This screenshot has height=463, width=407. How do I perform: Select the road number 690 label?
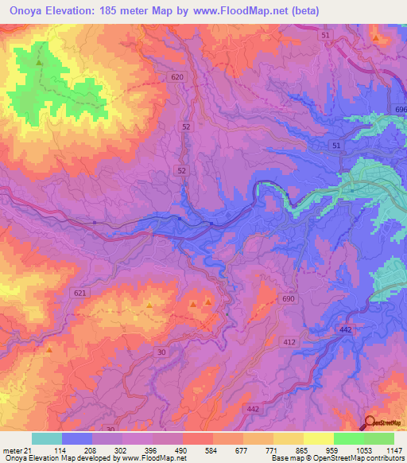tap(288, 298)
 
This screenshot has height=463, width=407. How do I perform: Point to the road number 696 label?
tap(400, 108)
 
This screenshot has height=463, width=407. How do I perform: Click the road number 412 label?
tap(290, 341)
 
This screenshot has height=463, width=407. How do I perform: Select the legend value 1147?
tap(393, 450)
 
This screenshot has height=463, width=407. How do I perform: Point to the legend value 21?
tap(29, 450)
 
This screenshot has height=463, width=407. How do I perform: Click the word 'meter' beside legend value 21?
tap(12, 450)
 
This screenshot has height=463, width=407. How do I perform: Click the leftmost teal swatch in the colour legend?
tap(46, 438)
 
